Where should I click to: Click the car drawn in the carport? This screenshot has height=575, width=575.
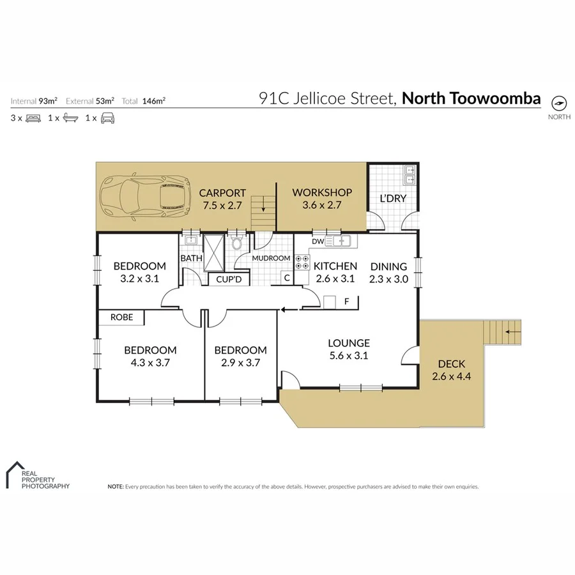coord(146,197)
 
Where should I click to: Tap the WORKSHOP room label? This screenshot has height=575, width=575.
coord(322,192)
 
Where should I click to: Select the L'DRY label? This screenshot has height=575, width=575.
coord(393,198)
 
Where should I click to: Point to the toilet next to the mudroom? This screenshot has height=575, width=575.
coord(237,243)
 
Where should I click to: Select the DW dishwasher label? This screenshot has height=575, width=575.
coord(318,241)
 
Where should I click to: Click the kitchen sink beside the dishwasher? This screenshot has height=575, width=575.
coord(339,241)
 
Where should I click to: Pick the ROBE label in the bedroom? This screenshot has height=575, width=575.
coord(121,317)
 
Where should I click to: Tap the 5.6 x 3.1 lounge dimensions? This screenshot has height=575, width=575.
coord(349,356)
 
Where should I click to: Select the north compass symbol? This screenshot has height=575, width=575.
coord(558,103)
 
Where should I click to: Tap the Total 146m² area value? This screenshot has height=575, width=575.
coord(154,101)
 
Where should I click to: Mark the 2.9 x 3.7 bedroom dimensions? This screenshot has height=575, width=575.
coord(240,362)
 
